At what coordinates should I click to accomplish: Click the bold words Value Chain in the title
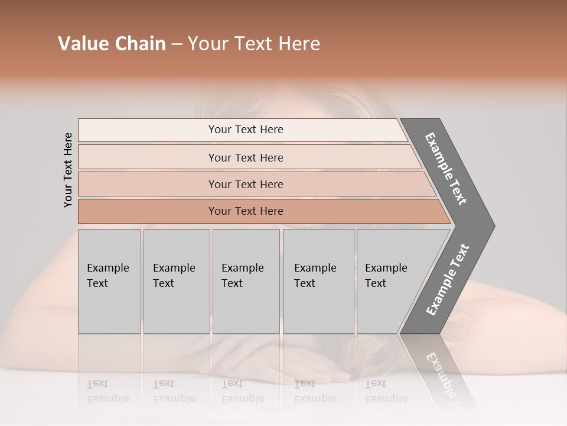coord(112,44)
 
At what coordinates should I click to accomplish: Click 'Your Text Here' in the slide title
coord(254,44)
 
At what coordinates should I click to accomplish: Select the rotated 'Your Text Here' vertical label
coord(68,170)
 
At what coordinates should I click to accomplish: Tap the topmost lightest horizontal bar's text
coord(246,130)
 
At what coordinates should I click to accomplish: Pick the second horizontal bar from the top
coord(246,157)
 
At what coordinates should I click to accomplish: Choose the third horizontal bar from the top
coord(246,185)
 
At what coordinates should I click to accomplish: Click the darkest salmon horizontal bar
coord(246,211)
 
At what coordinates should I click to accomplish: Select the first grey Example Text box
coord(109,280)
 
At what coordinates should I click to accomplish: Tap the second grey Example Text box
coord(176,280)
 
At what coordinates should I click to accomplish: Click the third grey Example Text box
coord(246,280)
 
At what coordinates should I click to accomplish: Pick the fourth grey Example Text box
coord(318,280)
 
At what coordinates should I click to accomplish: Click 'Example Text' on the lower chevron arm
coord(448,279)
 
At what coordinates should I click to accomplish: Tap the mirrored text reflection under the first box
coord(108,391)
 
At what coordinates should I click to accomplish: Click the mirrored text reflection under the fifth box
coord(386,391)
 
